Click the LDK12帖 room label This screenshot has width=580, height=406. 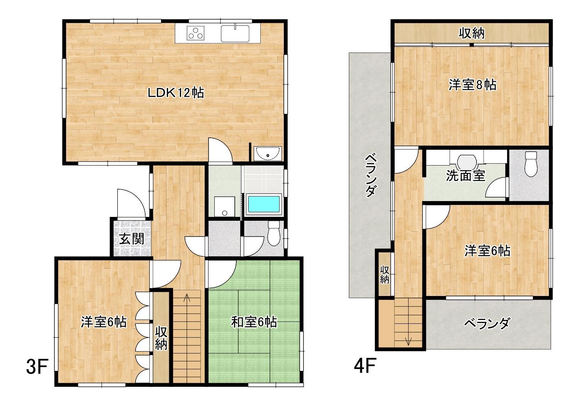pos(176,93)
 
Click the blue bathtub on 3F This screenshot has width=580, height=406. pos(264,205)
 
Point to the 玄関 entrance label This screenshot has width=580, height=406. pos(131,239)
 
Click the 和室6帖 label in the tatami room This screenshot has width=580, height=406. pos(254,322)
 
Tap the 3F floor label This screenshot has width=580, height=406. pos(36,367)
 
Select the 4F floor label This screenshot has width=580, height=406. pos(365,367)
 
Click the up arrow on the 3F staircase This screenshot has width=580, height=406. pos(187,298)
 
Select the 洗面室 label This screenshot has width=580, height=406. pos(465,176)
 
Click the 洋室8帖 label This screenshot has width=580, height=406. pos(472,84)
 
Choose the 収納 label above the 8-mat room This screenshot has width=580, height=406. pos(471,34)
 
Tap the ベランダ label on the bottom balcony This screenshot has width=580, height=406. pos(487,323)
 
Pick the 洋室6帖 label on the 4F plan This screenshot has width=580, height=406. pos(487,251)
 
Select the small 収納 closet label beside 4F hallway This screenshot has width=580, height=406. pos(384,274)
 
